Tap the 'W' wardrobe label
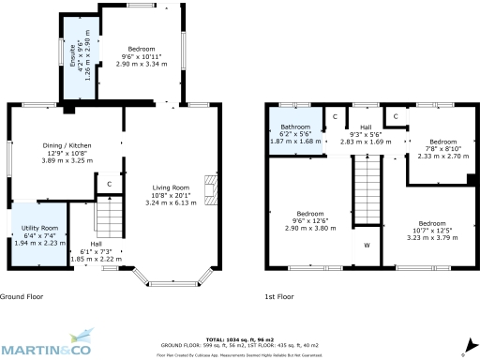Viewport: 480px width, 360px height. pyautogui.click(x=367, y=246)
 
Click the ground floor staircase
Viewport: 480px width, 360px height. pyautogui.click(x=111, y=220)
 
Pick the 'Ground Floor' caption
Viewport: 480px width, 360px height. pyautogui.click(x=22, y=296)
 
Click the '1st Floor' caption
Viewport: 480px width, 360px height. pyautogui.click(x=279, y=296)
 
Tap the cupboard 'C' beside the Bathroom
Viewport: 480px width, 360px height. pyautogui.click(x=335, y=116)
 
